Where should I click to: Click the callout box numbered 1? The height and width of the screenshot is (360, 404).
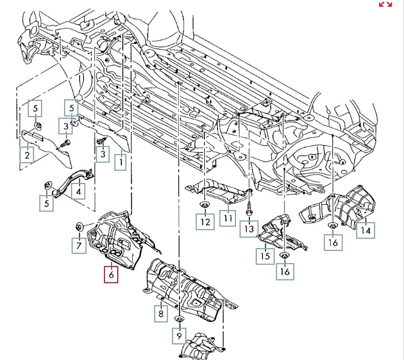pos(121,163)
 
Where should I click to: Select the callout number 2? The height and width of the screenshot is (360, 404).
pos(27,155)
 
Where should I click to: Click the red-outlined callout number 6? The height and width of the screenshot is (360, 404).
pos(111,275)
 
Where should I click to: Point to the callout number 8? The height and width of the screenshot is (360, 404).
pos(159,314)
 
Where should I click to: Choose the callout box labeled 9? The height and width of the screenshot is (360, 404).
pos(179,335)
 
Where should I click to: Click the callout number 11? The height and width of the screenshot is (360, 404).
pos(227,220)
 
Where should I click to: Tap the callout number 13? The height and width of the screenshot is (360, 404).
pos(248,229)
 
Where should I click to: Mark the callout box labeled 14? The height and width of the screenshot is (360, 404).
pos(365,230)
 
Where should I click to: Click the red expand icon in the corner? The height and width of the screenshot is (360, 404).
pos(385,5)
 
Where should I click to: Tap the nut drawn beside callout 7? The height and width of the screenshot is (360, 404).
pos(80,224)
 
